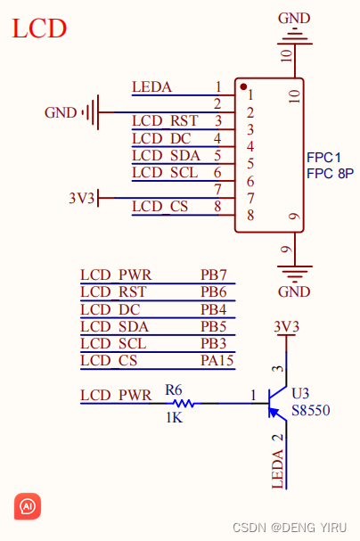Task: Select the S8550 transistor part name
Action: click(312, 411)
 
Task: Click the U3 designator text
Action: click(301, 393)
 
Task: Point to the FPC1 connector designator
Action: click(324, 156)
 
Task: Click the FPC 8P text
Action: click(330, 173)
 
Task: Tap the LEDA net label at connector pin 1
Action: click(151, 87)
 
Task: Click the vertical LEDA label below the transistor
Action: click(277, 468)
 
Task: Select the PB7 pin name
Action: click(214, 275)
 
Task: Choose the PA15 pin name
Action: click(217, 360)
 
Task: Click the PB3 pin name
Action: click(214, 343)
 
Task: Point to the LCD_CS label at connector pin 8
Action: click(160, 207)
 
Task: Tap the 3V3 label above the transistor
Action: click(285, 327)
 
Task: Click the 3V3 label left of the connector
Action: click(81, 198)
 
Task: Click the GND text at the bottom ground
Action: click(294, 291)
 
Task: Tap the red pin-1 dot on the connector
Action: click(242, 86)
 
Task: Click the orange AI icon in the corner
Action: click(28, 506)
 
